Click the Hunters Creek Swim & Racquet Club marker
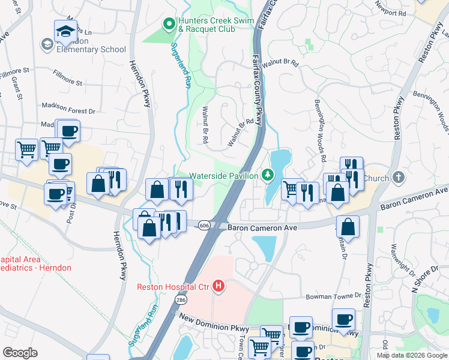(x=169, y=25)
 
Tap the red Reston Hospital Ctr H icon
(x=219, y=287)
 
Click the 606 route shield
(x=204, y=224)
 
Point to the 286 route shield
(x=179, y=299)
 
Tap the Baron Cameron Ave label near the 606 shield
(x=262, y=228)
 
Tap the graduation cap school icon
(x=65, y=31)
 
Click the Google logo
(x=20, y=353)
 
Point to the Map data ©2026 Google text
(x=411, y=355)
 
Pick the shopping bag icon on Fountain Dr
(x=348, y=227)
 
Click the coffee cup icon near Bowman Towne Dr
(x=343, y=319)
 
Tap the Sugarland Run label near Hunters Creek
(x=181, y=66)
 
